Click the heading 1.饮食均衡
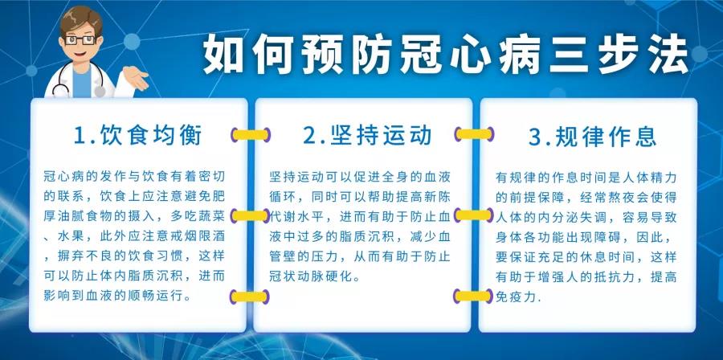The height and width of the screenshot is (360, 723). tap(138, 136)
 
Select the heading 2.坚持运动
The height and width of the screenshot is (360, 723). tap(367, 136)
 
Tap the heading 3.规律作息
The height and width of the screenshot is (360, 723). tap(593, 137)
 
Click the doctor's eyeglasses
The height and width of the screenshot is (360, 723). tap(80, 40)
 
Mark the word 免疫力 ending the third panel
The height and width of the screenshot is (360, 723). tap(516, 296)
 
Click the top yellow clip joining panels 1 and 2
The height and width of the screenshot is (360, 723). tap(251, 134)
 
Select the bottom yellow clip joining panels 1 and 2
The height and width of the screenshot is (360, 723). tap(250, 297)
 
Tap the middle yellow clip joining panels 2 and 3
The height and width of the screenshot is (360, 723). tap(473, 215)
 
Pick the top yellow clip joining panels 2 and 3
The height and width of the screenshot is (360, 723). tap(474, 134)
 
